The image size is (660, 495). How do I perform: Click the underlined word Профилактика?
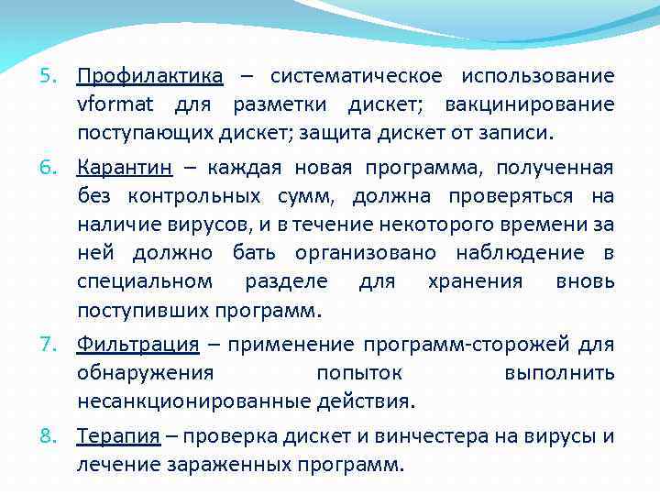coord(149,75)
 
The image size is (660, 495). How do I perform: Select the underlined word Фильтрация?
coord(137,344)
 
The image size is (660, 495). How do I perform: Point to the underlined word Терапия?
coord(119,435)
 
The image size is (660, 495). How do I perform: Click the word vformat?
coord(115,104)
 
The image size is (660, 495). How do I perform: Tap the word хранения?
coord(475,281)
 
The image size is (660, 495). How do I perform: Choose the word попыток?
coord(358,372)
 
